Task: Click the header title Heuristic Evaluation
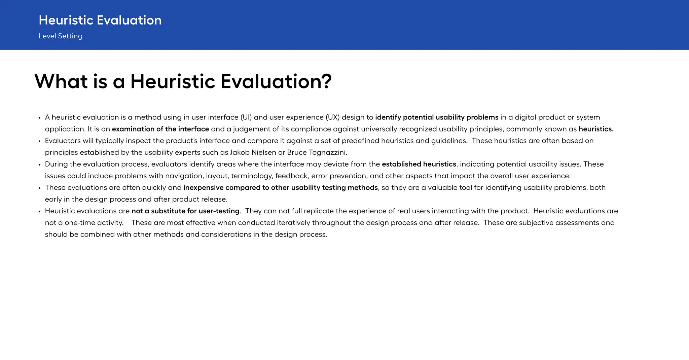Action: (x=100, y=20)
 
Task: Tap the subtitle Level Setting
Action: (x=61, y=36)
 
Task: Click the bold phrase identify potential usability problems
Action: (x=436, y=117)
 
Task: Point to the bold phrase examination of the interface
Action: (x=160, y=129)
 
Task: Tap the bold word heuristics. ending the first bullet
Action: (x=596, y=129)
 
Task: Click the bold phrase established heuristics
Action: (x=419, y=164)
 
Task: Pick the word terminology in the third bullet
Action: (x=252, y=176)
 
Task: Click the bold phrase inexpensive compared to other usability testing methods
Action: (x=281, y=188)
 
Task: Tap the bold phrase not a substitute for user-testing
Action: (x=185, y=211)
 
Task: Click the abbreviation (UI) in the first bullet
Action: (x=246, y=117)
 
